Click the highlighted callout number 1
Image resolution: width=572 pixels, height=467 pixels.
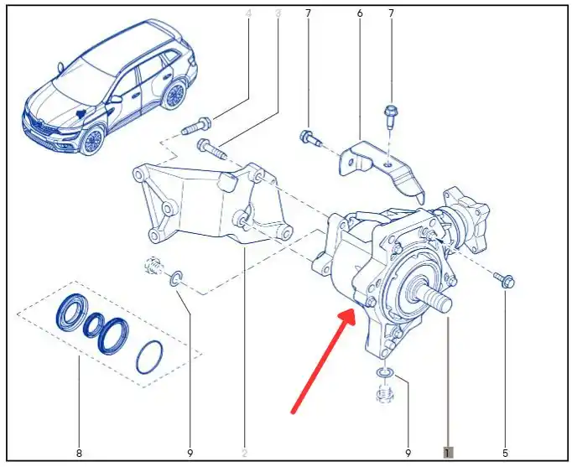(448, 453)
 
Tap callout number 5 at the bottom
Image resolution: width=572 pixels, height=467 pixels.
(505, 453)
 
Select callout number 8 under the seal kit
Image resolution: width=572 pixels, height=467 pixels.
(79, 453)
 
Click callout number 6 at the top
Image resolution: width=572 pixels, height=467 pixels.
(360, 13)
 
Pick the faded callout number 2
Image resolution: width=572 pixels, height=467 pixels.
(244, 453)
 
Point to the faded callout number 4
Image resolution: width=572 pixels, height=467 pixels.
(249, 13)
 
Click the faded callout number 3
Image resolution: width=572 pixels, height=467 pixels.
(278, 13)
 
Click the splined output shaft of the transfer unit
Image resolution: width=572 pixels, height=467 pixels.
(435, 296)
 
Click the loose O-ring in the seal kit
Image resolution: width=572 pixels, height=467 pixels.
(149, 357)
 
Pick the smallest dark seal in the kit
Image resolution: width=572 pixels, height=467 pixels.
(94, 324)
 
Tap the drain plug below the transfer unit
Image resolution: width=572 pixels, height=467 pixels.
(385, 394)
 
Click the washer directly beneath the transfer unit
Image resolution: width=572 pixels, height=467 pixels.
(385, 373)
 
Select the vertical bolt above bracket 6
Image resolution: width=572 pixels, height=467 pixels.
(390, 116)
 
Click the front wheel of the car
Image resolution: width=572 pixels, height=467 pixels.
(92, 139)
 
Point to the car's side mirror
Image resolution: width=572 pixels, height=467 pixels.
(116, 99)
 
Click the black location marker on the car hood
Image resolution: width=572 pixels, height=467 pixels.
(81, 114)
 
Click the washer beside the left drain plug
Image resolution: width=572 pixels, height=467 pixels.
(176, 278)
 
